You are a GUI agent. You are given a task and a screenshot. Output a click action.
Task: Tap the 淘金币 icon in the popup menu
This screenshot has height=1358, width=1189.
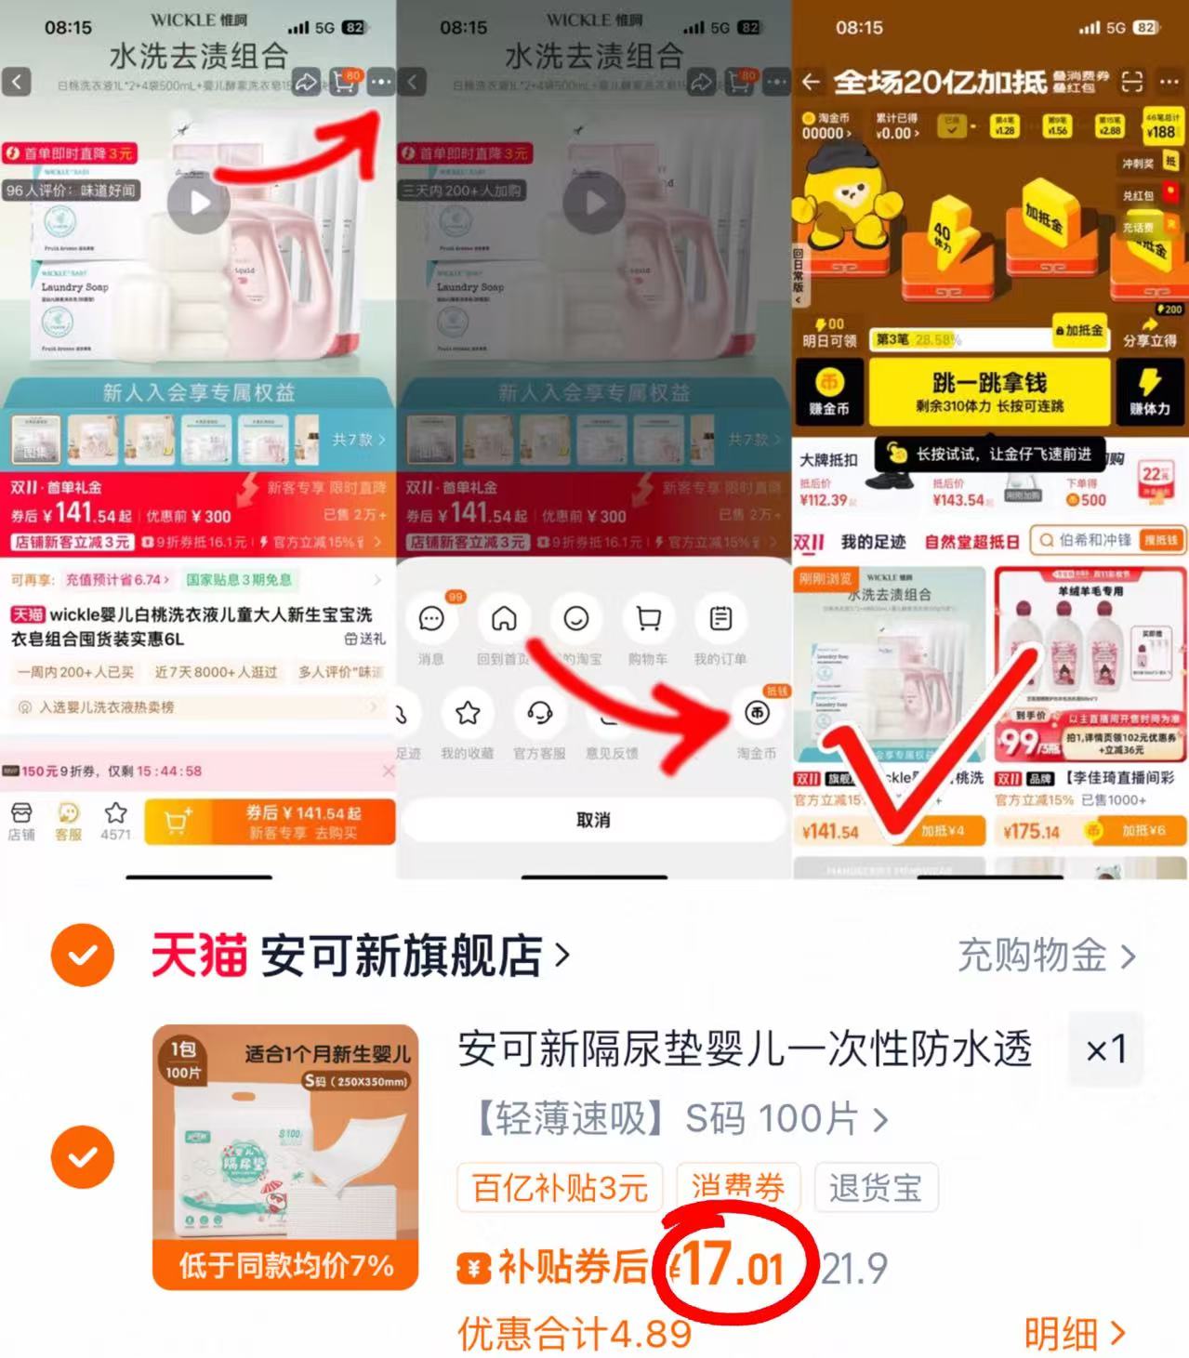pos(757,714)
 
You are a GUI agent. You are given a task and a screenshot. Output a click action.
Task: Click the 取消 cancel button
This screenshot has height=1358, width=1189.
pos(593,820)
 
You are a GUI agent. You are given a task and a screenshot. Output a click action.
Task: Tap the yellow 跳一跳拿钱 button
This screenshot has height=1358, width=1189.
pos(989,391)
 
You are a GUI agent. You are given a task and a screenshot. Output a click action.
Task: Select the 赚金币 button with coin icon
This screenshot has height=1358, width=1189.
pos(828,391)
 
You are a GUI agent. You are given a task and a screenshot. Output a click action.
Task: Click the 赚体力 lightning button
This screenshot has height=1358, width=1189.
pos(1149,391)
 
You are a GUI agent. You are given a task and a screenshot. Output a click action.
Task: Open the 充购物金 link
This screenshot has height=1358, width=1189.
pos(1045,956)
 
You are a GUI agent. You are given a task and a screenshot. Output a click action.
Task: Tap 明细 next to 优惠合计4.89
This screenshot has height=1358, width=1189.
pos(1074,1334)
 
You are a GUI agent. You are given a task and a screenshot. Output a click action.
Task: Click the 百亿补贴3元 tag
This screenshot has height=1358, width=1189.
pos(560,1187)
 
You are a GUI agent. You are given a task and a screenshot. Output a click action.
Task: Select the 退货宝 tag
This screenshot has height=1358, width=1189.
pos(875,1187)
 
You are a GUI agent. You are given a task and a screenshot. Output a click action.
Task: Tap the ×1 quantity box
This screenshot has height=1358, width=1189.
pos(1106,1050)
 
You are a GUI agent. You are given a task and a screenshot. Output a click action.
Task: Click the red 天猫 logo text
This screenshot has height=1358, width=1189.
pos(199,956)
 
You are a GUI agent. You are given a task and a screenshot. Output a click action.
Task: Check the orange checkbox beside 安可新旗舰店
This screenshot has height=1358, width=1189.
pos(83,955)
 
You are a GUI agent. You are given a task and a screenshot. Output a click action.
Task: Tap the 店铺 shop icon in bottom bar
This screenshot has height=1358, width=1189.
pos(21,820)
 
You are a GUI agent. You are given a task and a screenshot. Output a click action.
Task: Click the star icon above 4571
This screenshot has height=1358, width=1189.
pos(115,813)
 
